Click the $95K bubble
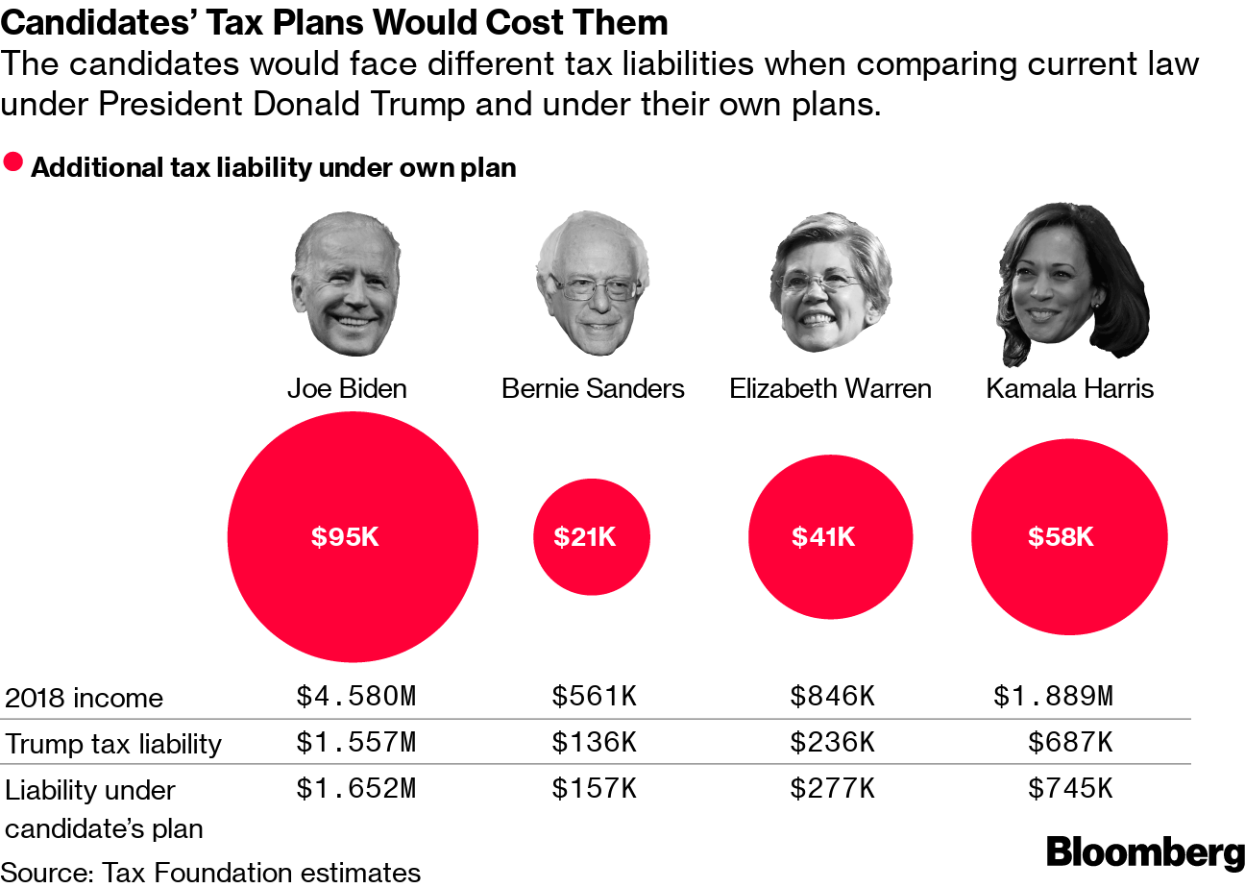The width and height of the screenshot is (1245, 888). point(352,537)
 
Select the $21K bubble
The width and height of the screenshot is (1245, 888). point(591,537)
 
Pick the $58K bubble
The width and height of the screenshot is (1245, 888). point(1069,537)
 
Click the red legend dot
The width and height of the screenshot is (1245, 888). point(13,161)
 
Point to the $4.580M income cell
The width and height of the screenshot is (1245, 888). point(355,697)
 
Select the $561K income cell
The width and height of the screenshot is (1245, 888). point(594,697)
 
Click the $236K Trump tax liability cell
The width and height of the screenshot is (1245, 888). point(832,743)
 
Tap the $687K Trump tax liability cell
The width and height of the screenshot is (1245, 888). point(1070,743)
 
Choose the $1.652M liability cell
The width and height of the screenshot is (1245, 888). point(355,789)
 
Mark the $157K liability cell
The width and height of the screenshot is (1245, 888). point(594,789)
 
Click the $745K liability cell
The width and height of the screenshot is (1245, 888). point(1070,789)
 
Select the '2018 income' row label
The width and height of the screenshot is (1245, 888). point(85,698)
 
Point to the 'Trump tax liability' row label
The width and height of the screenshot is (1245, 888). point(113,744)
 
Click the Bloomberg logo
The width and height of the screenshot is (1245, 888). point(1144,851)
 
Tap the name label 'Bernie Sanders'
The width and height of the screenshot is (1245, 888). point(593,388)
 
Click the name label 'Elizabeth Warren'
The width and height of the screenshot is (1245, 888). point(830,388)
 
